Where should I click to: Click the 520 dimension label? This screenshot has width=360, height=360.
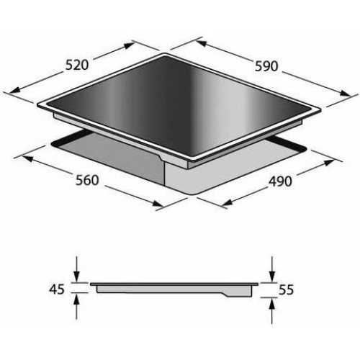pos(77,66)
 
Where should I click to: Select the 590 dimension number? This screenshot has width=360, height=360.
pos(266,66)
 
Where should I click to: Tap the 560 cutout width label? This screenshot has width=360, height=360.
pos(87,180)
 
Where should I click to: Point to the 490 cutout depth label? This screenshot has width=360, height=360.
pos(280,181)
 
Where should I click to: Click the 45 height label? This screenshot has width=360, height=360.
pos(57,289)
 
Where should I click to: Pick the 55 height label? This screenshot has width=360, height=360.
pos(286,290)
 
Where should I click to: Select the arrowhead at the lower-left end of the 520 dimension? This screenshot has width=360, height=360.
pos(14,89)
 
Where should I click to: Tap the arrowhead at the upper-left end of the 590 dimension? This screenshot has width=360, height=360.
pos(201,43)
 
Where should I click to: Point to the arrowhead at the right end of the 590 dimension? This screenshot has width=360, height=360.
pos(345,94)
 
